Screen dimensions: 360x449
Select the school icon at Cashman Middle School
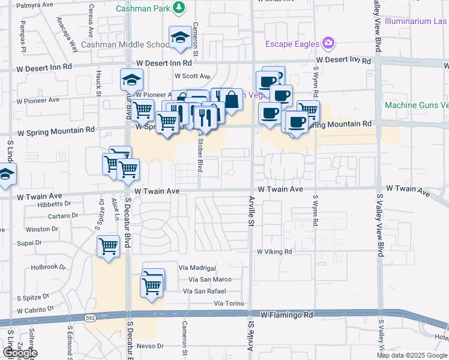click(x=179, y=38)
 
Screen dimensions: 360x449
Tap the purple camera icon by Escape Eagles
click(x=328, y=43)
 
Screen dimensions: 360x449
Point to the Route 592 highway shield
click(x=90, y=317)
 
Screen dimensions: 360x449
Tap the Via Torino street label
click(x=229, y=304)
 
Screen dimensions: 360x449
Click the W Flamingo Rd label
click(x=287, y=314)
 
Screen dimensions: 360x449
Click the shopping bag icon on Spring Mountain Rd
click(x=231, y=100)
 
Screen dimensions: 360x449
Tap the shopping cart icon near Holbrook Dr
click(x=108, y=246)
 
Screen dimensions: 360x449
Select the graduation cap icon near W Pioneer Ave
click(x=132, y=79)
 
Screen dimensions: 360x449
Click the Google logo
click(x=19, y=353)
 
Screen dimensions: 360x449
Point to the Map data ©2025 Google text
click(x=411, y=355)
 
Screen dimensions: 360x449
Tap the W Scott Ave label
click(x=192, y=76)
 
